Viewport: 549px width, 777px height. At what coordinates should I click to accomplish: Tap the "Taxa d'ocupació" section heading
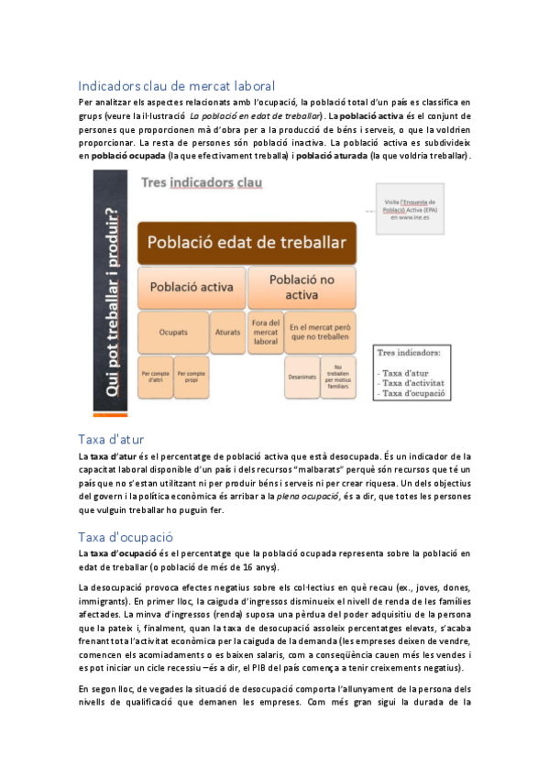point(126,537)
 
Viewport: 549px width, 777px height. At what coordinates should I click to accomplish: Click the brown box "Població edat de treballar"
point(247,243)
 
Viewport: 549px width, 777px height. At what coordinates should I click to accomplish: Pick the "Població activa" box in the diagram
point(192,286)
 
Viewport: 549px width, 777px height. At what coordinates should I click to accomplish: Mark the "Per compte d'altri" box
point(154,377)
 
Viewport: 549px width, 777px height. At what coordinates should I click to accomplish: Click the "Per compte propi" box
point(191,377)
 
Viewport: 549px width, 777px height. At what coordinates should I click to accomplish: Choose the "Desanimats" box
point(302,377)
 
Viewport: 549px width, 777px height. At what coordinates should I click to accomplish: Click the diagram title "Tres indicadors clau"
point(202,183)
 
